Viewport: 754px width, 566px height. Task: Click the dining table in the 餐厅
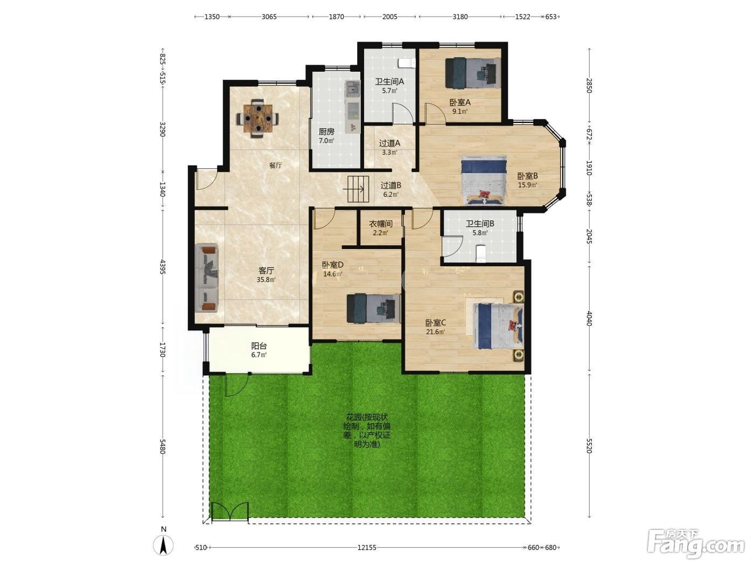click(257, 119)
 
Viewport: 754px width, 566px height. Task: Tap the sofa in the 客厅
click(206, 278)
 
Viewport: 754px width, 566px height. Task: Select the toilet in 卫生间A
click(407, 63)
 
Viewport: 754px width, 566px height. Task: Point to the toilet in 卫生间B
click(480, 253)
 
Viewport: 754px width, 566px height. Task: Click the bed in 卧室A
click(472, 73)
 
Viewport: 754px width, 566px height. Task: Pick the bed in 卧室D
click(373, 308)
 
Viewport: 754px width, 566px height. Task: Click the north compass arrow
click(164, 545)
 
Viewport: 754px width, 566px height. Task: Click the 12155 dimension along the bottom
click(367, 548)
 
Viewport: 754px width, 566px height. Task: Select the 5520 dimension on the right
click(589, 446)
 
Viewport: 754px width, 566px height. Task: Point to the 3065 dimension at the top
click(269, 17)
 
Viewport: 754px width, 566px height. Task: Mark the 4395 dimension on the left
click(163, 267)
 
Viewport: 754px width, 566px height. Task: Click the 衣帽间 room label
click(381, 224)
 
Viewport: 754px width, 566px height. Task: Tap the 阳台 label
click(259, 346)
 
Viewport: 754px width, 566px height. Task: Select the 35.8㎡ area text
click(266, 279)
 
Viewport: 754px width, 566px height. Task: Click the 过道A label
click(389, 143)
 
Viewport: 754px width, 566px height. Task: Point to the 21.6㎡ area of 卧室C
click(436, 332)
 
